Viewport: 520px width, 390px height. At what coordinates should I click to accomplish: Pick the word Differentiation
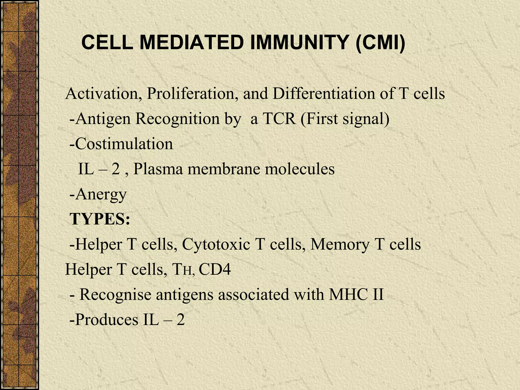coord(324,93)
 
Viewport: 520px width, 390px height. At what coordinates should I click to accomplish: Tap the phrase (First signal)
coord(345,119)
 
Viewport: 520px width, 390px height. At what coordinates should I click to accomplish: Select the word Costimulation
coord(124,144)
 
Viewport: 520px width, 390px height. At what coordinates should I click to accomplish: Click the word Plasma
coord(158,169)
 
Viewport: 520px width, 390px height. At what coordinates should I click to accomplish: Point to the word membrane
coord(224,169)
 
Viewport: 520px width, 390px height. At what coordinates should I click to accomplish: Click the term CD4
coord(215,269)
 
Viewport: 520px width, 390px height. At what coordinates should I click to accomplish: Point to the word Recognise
coord(115,295)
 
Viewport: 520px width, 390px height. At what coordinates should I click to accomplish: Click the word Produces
coord(107,320)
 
